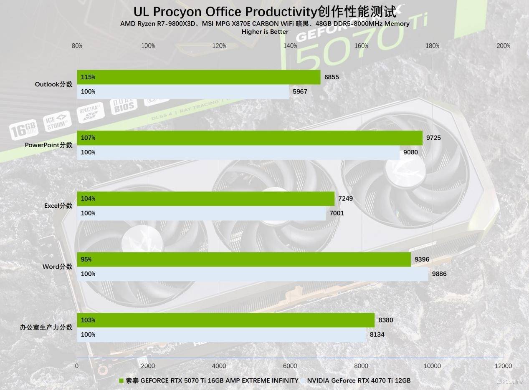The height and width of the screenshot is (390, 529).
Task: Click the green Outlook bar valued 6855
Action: pyautogui.click(x=198, y=77)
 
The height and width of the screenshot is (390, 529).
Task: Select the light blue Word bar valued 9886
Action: pyautogui.click(x=252, y=274)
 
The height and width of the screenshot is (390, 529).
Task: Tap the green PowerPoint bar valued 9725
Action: pyautogui.click(x=249, y=138)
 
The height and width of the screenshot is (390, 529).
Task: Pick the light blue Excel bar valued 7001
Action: pyautogui.click(x=201, y=213)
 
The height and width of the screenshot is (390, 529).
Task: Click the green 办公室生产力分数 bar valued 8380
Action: pyautogui.click(x=225, y=320)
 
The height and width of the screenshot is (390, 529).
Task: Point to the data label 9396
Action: pyautogui.click(x=422, y=259)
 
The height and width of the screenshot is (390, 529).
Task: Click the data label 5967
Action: pyautogui.click(x=300, y=91)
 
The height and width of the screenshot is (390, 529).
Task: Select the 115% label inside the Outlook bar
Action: pyautogui.click(x=88, y=77)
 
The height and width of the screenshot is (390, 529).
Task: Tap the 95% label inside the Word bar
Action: pyautogui.click(x=86, y=259)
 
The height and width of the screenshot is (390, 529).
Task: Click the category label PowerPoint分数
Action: pyautogui.click(x=48, y=145)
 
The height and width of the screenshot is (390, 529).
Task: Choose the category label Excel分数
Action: pyautogui.click(x=58, y=206)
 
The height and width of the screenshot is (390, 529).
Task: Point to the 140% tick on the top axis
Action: pyautogui.click(x=290, y=46)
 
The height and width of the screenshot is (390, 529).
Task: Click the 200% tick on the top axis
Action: pyautogui.click(x=503, y=46)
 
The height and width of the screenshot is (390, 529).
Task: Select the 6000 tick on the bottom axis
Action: pyautogui.click(x=290, y=366)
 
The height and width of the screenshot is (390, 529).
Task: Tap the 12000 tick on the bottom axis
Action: pyautogui.click(x=503, y=366)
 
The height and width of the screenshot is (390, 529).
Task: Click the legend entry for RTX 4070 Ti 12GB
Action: pyautogui.click(x=358, y=380)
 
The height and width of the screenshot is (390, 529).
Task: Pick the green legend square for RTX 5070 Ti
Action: pyautogui.click(x=121, y=380)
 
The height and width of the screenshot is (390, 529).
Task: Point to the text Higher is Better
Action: pyautogui.click(x=265, y=32)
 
